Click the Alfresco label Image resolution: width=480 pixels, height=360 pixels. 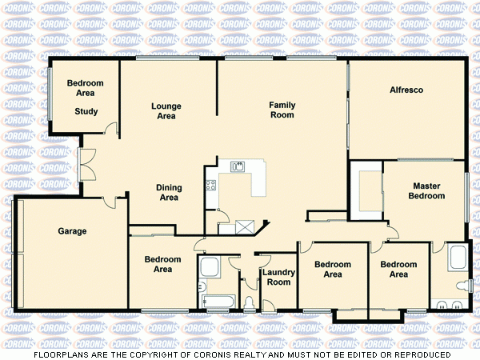(406, 90)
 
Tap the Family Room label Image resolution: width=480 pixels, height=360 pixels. (282, 110)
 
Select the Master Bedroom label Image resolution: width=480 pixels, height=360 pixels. (426, 190)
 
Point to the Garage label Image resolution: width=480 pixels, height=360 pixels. (72, 231)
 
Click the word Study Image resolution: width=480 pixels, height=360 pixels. (86, 111)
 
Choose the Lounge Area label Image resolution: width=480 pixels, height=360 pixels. (166, 111)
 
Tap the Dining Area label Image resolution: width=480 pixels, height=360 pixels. (169, 193)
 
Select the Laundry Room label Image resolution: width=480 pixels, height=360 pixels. (278, 277)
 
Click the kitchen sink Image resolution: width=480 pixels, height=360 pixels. (238, 166)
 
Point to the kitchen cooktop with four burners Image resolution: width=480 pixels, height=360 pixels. (211, 186)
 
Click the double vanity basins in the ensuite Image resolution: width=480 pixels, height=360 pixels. (446, 303)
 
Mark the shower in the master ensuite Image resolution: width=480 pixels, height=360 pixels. (458, 258)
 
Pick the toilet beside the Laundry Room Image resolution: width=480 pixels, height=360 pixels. (250, 302)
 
